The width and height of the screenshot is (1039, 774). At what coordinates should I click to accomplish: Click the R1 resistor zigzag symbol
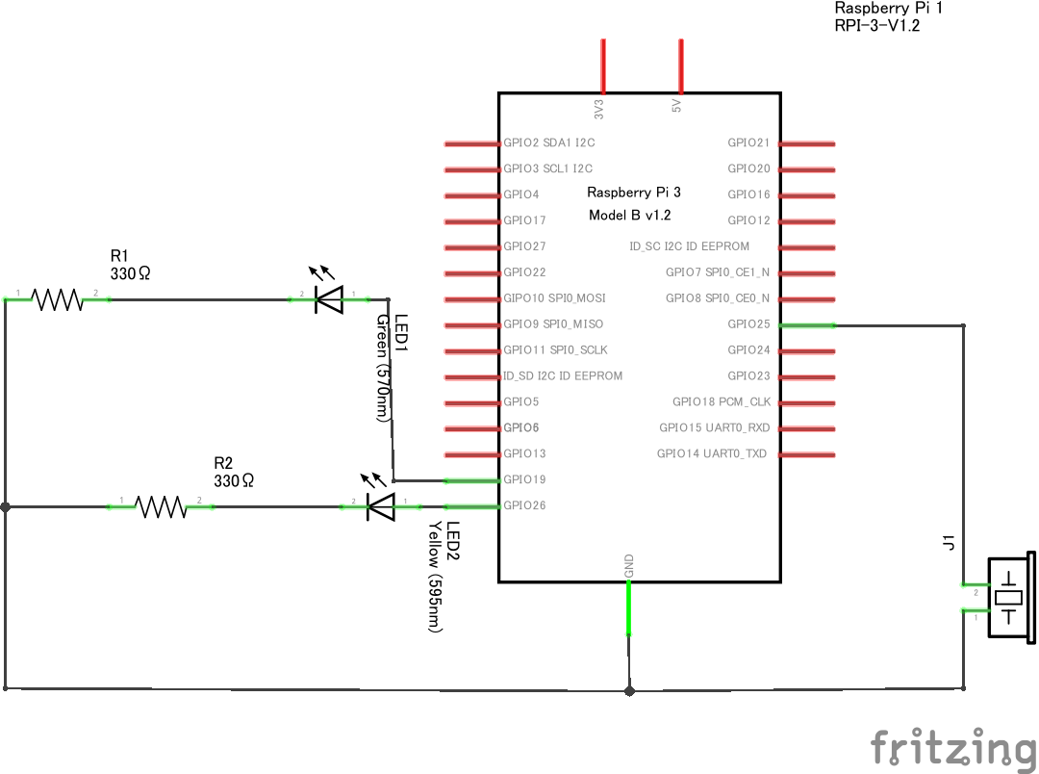point(59,299)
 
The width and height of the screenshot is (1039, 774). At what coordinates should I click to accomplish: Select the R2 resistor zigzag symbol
point(161,506)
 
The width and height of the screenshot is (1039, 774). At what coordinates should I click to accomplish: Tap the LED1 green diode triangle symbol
point(329,299)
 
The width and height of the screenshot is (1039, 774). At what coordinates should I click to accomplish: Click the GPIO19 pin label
point(524,479)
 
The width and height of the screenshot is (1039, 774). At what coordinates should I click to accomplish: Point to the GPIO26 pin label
point(524,505)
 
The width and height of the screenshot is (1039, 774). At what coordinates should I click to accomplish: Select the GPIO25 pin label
point(748,324)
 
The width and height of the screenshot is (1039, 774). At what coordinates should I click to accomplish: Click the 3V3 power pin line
point(603,65)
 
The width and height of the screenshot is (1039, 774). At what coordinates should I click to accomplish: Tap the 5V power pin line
point(681,65)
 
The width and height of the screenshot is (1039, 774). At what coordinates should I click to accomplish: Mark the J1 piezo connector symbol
point(1008,597)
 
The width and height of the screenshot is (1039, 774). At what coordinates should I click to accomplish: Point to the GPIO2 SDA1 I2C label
point(548,142)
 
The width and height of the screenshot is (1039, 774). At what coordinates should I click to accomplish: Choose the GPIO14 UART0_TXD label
point(712,453)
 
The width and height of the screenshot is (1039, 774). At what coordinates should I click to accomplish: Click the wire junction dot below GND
point(629,690)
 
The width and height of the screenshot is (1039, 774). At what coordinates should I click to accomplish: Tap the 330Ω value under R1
point(131,273)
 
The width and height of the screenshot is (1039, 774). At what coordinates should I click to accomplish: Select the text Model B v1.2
point(629,216)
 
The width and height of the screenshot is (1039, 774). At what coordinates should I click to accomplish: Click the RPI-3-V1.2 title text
point(876,26)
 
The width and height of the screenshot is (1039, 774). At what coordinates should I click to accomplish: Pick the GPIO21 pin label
point(748,142)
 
